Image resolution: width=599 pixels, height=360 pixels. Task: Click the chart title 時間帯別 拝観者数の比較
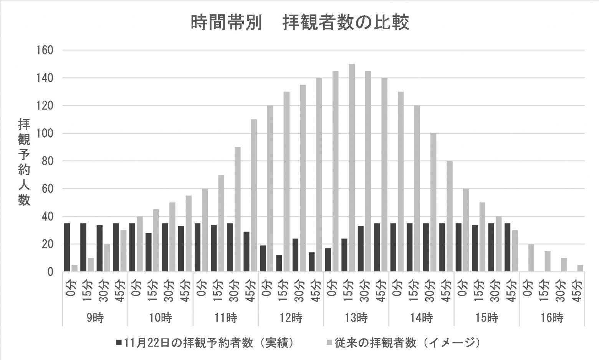(x=300, y=23)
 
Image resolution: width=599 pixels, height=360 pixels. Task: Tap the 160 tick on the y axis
(x=45, y=50)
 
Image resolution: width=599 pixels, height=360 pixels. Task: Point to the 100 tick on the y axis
(x=45, y=134)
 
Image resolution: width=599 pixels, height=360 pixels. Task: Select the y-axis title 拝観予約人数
(x=24, y=162)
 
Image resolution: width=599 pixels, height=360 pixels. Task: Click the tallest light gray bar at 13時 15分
(x=352, y=168)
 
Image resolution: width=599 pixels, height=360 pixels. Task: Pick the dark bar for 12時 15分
(x=279, y=264)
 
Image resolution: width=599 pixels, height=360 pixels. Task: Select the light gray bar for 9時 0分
(x=74, y=268)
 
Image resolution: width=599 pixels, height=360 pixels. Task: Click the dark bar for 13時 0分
(x=328, y=260)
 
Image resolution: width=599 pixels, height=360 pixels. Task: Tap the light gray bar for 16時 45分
(x=580, y=268)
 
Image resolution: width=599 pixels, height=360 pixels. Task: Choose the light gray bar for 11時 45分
(x=254, y=196)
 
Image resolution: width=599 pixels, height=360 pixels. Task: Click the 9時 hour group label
(x=95, y=318)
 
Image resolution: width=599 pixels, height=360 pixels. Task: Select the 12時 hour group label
(x=291, y=318)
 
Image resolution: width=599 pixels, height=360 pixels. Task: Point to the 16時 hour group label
(x=552, y=318)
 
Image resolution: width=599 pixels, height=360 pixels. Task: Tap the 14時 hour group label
(x=421, y=318)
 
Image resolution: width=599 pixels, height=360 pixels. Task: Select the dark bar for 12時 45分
(x=312, y=262)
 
